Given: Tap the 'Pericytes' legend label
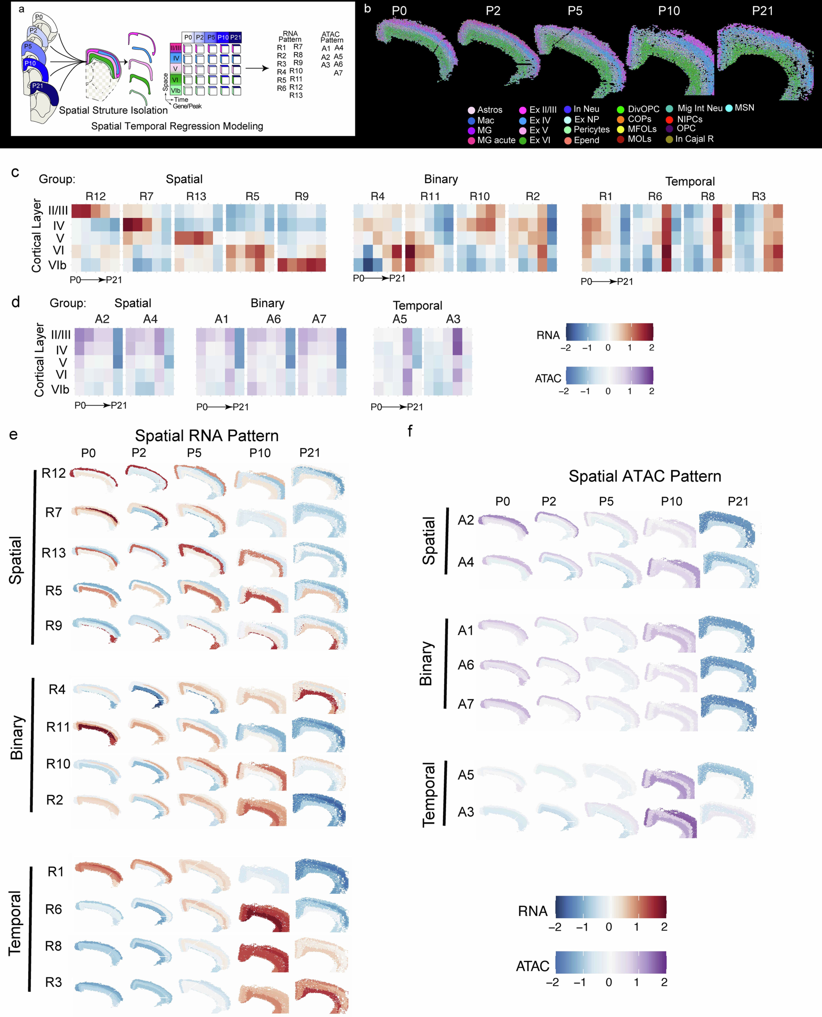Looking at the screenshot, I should pyautogui.click(x=591, y=129).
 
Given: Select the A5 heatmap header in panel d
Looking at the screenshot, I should pyautogui.click(x=400, y=319).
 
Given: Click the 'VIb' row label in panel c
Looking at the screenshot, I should pyautogui.click(x=57, y=265).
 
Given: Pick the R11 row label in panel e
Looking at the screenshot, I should pyautogui.click(x=58, y=727).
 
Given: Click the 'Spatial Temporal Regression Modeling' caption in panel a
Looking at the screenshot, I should pyautogui.click(x=177, y=126).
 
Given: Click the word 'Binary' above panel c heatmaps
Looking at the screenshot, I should pyautogui.click(x=441, y=179).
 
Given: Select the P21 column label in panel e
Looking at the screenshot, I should pyautogui.click(x=310, y=453).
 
